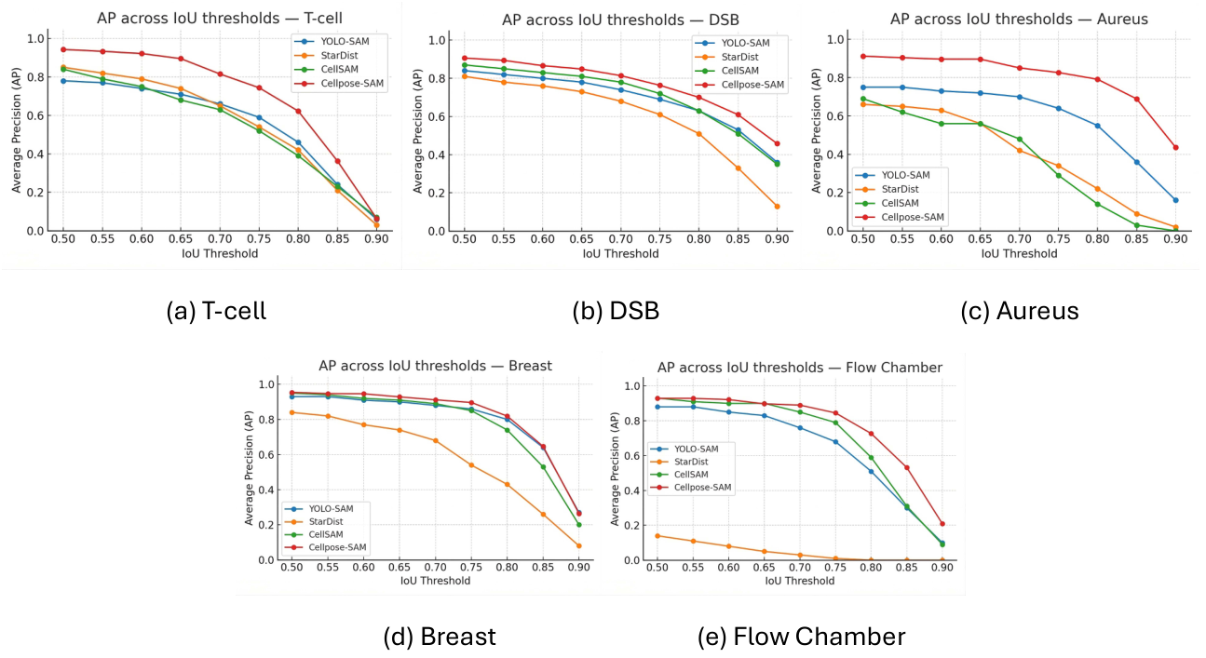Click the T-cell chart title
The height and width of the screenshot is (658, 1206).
(x=219, y=19)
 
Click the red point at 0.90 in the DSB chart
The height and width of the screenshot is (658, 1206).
(x=777, y=143)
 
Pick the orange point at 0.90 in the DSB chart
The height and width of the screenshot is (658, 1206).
(x=777, y=207)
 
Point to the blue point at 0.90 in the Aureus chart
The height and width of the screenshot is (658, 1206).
(x=1175, y=200)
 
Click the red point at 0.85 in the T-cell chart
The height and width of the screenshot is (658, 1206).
(x=337, y=161)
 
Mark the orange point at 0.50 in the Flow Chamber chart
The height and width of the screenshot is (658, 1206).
(x=657, y=536)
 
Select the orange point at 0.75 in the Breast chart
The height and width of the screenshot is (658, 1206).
(x=471, y=464)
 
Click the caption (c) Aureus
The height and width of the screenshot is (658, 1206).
(x=1020, y=311)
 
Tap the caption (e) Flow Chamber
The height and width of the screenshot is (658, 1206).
(x=801, y=637)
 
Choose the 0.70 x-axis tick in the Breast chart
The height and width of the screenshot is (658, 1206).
(x=435, y=567)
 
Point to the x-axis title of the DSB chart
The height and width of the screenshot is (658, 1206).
(x=620, y=253)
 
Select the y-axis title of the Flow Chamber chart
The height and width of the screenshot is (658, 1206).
(x=616, y=469)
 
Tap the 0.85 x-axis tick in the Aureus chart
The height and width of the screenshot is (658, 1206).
(x=1136, y=239)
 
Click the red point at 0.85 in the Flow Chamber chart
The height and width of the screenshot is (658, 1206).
(x=907, y=467)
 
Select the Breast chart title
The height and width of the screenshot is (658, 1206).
(x=435, y=366)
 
